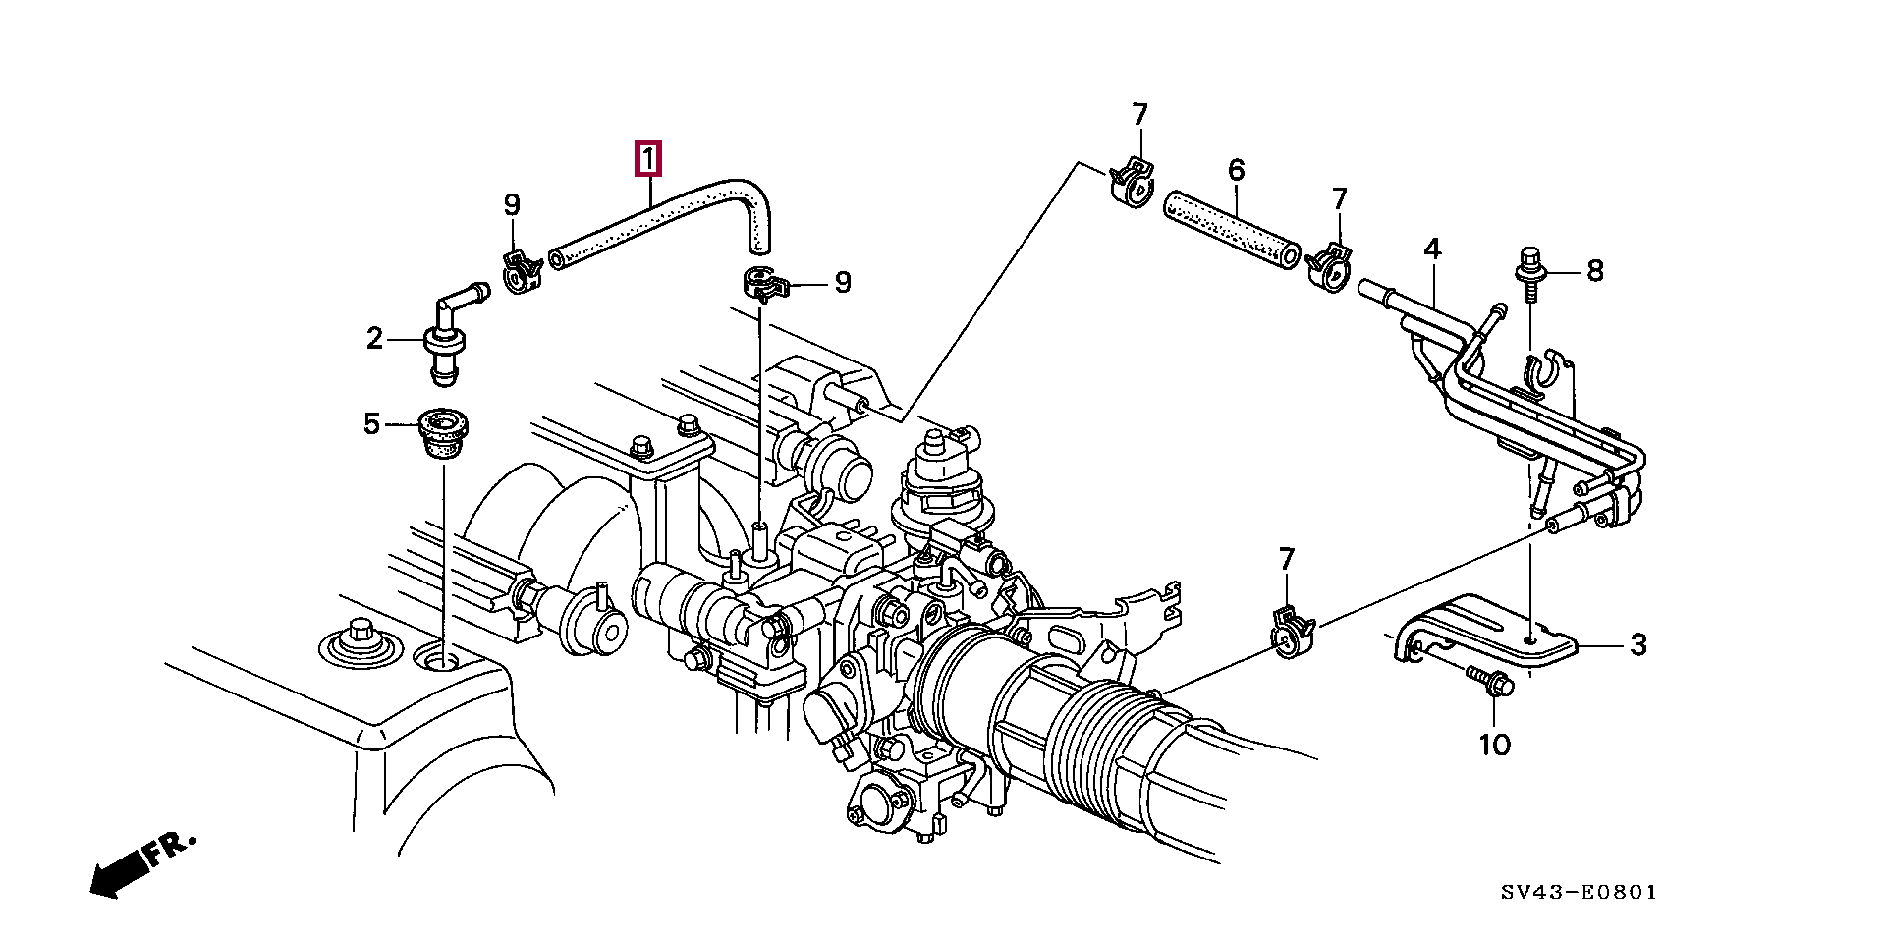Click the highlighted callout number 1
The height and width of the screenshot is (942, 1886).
[x=649, y=158]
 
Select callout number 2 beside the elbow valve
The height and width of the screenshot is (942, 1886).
[x=374, y=339]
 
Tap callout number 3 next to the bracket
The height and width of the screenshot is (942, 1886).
[x=1637, y=645]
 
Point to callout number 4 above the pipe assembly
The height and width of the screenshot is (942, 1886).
[x=1432, y=249]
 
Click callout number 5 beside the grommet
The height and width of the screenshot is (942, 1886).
[x=371, y=424]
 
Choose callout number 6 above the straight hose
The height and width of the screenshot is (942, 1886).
[x=1236, y=171]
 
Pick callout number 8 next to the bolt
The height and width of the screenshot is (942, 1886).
[x=1594, y=270]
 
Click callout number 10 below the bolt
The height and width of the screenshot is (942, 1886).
[x=1494, y=746]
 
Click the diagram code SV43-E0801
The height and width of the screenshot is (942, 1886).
[x=1579, y=893]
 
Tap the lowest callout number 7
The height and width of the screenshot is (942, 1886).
[x=1287, y=560]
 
